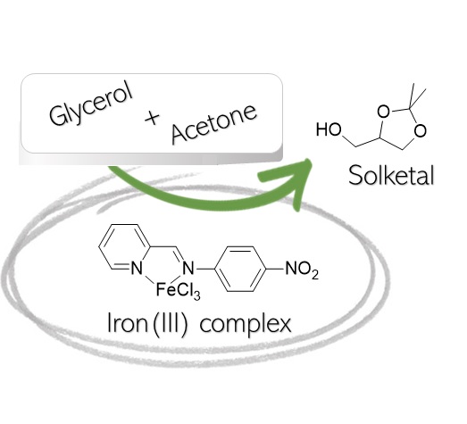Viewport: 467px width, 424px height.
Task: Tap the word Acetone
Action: point(213,123)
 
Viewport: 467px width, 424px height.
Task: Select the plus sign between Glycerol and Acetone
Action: point(152,118)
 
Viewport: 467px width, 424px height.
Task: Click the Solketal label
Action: point(391,176)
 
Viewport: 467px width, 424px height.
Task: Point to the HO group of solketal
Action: point(329,129)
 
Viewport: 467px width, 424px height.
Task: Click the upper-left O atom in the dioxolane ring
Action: point(383,112)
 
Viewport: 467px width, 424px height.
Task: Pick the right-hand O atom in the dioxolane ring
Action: point(421,130)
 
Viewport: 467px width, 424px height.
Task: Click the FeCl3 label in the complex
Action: point(178,290)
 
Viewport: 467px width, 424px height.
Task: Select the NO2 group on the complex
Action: point(302,270)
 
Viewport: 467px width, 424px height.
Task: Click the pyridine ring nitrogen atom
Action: point(137,269)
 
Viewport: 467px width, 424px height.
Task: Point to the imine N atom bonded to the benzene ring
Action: point(188,269)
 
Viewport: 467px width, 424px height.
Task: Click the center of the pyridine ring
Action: point(123,247)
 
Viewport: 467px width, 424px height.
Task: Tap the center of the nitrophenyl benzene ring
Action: point(240,269)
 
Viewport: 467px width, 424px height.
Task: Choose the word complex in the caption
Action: point(246,325)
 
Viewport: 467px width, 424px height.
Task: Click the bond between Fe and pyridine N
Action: point(150,279)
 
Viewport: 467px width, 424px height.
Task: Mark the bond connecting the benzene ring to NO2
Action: point(275,269)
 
